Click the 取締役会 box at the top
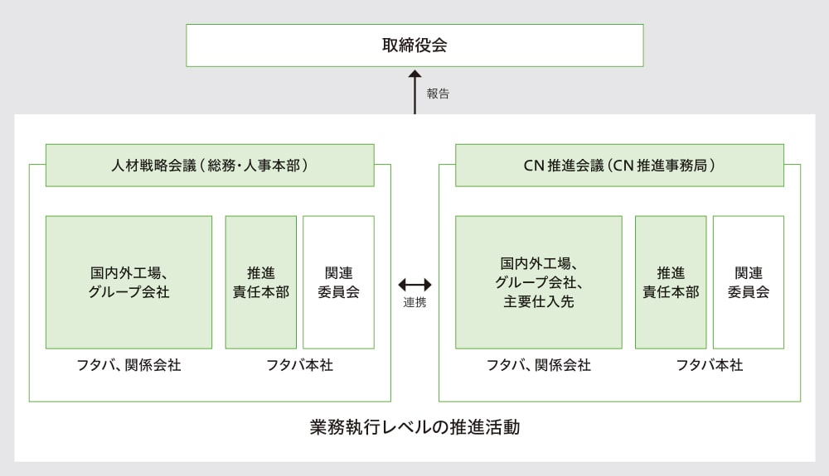[414, 45]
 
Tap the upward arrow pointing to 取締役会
[414, 92]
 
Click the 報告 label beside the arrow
[438, 94]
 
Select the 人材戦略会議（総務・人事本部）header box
[210, 165]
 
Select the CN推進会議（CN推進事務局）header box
[619, 165]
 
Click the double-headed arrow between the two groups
[414, 285]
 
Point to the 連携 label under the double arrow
[414, 303]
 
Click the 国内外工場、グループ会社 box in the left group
[128, 282]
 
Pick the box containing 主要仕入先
[538, 282]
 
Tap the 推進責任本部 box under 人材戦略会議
[260, 282]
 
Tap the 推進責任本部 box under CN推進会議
[671, 282]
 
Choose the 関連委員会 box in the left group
[338, 282]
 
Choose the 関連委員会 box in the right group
[749, 282]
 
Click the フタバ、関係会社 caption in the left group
[128, 365]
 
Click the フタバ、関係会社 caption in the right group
[538, 365]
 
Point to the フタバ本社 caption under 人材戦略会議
[299, 365]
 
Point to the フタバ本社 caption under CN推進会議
[710, 365]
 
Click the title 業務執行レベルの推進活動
[414, 428]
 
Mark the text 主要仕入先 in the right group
[538, 301]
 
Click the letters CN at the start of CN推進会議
[532, 165]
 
